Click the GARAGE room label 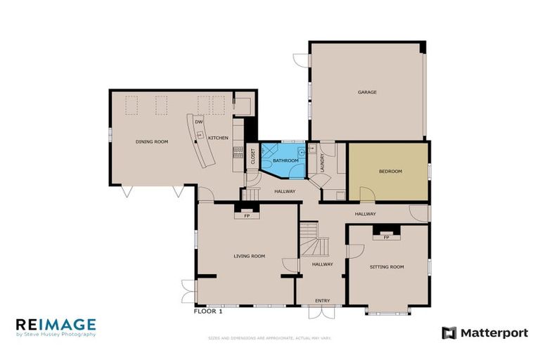pyautogui.click(x=367, y=92)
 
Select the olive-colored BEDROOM pyautogui.click(x=390, y=171)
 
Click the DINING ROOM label pyautogui.click(x=152, y=142)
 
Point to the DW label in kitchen pyautogui.click(x=199, y=122)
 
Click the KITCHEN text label pyautogui.click(x=218, y=138)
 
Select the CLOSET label pyautogui.click(x=253, y=157)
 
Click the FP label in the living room pyautogui.click(x=247, y=216)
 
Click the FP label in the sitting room pyautogui.click(x=386, y=238)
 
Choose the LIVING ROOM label pyautogui.click(x=249, y=256)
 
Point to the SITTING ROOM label pyautogui.click(x=387, y=267)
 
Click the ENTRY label pyautogui.click(x=322, y=301)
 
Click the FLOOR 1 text pyautogui.click(x=208, y=310)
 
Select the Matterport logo pyautogui.click(x=484, y=333)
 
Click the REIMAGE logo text pyautogui.click(x=56, y=324)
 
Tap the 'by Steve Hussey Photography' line pyautogui.click(x=56, y=335)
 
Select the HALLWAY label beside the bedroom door pyautogui.click(x=365, y=214)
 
